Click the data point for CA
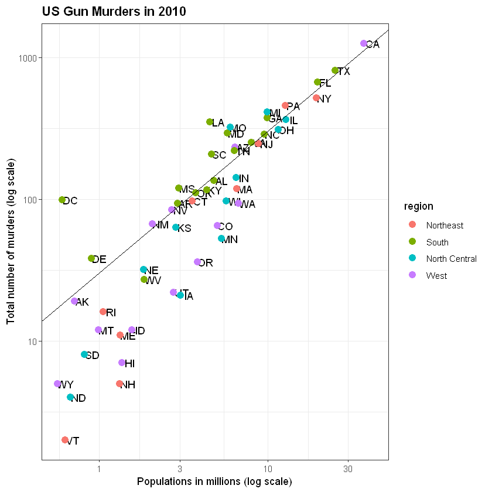[x=364, y=43]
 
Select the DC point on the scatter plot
[x=62, y=200]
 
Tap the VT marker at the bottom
[x=65, y=440]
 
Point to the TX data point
[x=335, y=70]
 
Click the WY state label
[x=66, y=385]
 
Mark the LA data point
[x=210, y=122]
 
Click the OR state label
[x=206, y=263]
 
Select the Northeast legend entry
[x=445, y=225]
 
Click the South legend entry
[x=438, y=242]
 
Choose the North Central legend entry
[x=451, y=258]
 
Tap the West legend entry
[x=437, y=275]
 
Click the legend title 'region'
[x=418, y=206]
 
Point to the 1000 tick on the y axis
[x=29, y=58]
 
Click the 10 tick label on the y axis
[x=32, y=341]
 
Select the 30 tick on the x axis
[x=348, y=469]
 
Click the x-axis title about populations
[x=214, y=481]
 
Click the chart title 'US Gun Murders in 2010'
[x=114, y=12]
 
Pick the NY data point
[x=316, y=98]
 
